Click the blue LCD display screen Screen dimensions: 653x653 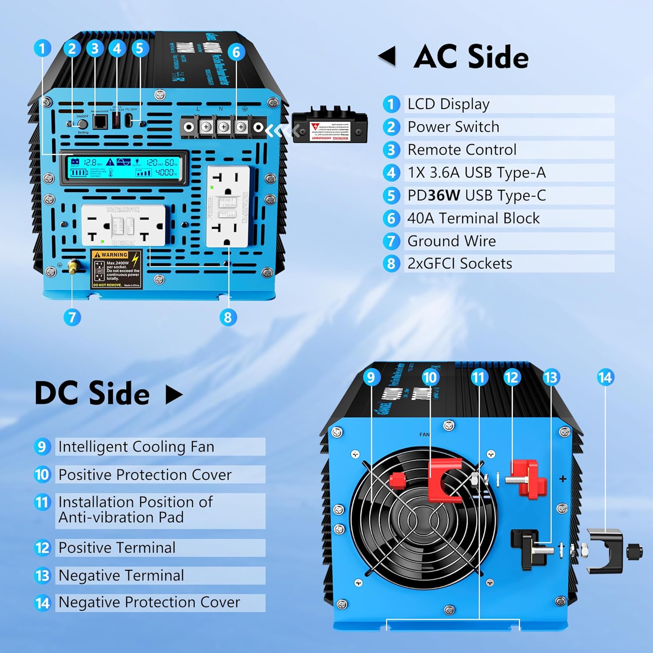[x=124, y=168]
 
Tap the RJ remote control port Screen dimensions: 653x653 [x=101, y=122]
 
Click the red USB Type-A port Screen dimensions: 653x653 [x=116, y=121]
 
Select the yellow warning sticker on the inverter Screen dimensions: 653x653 [x=116, y=269]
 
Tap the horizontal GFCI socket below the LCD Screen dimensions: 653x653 [x=124, y=226]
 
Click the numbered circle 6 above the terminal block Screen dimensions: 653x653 [x=236, y=52]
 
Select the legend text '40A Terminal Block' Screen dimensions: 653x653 [x=473, y=218]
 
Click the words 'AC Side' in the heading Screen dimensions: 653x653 [x=471, y=57]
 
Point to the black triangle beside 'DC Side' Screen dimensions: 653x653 [x=174, y=394]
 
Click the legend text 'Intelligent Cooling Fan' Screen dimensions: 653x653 [x=136, y=447]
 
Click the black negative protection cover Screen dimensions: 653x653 [x=605, y=551]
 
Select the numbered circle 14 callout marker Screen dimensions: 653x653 [x=605, y=377]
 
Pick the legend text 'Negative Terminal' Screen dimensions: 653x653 [x=121, y=576]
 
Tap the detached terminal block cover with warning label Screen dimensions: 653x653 [x=330, y=127]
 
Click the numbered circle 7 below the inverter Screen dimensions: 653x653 [x=72, y=317]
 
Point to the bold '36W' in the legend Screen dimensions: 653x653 [x=444, y=195]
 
